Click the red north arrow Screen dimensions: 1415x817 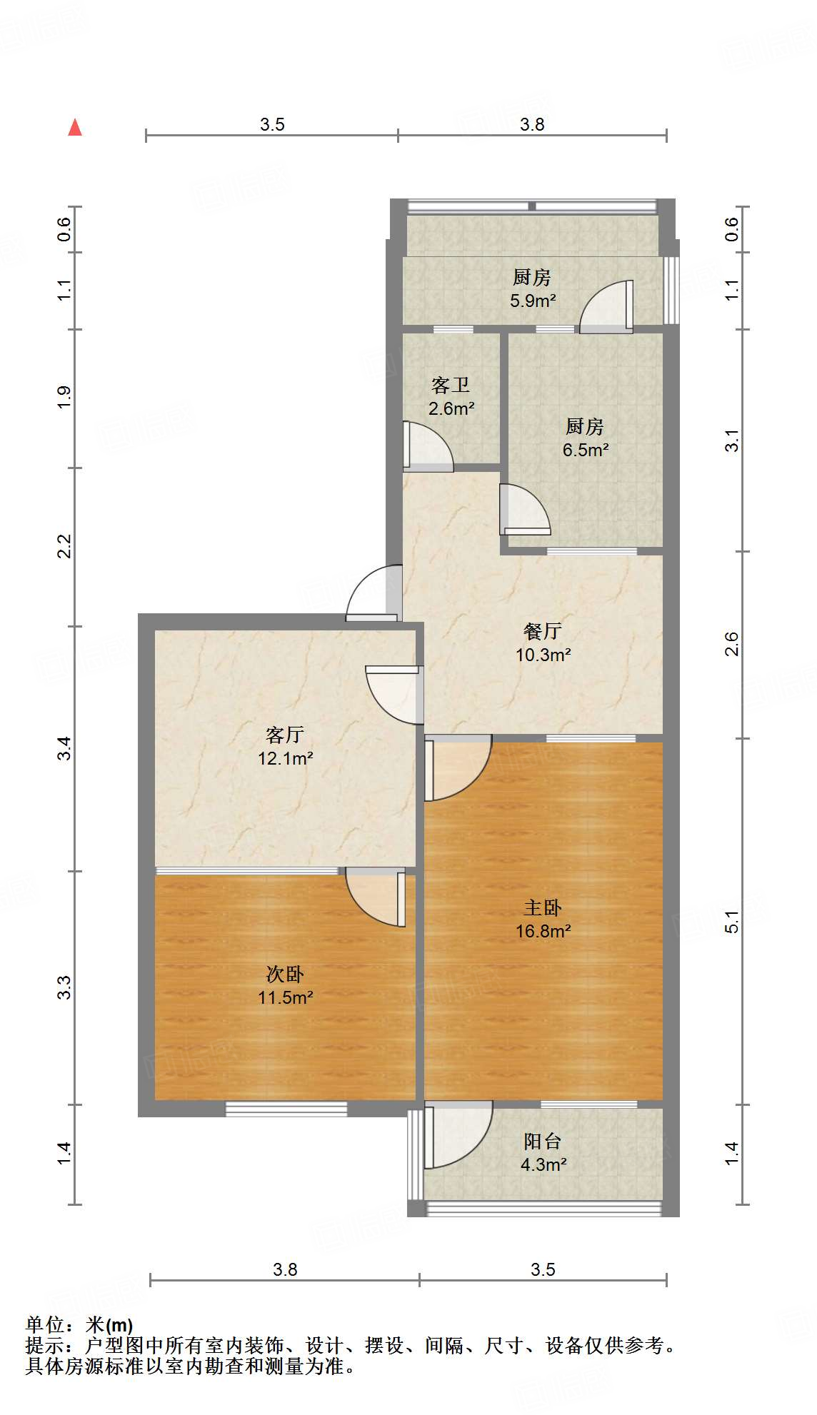[x=75, y=128]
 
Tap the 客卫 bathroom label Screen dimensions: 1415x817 [x=451, y=386]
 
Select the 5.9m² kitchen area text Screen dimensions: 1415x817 [x=532, y=301]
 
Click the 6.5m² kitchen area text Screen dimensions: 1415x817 [x=585, y=450]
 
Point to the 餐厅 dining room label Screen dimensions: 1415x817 [x=542, y=631]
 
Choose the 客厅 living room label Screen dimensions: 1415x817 [x=285, y=735]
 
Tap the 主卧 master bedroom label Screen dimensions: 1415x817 [x=542, y=908]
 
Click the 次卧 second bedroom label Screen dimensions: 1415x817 [x=285, y=974]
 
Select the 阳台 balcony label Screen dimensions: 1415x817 [x=542, y=1141]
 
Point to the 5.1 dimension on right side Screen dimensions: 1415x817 [x=731, y=922]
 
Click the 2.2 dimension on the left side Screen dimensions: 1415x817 [x=64, y=547]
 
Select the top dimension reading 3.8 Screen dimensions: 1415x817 [x=532, y=125]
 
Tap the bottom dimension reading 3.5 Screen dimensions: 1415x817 [x=543, y=1269]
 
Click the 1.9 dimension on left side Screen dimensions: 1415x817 [x=64, y=397]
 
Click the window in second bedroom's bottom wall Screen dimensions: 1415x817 [x=286, y=1109]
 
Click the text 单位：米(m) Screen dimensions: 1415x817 [x=79, y=1325]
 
